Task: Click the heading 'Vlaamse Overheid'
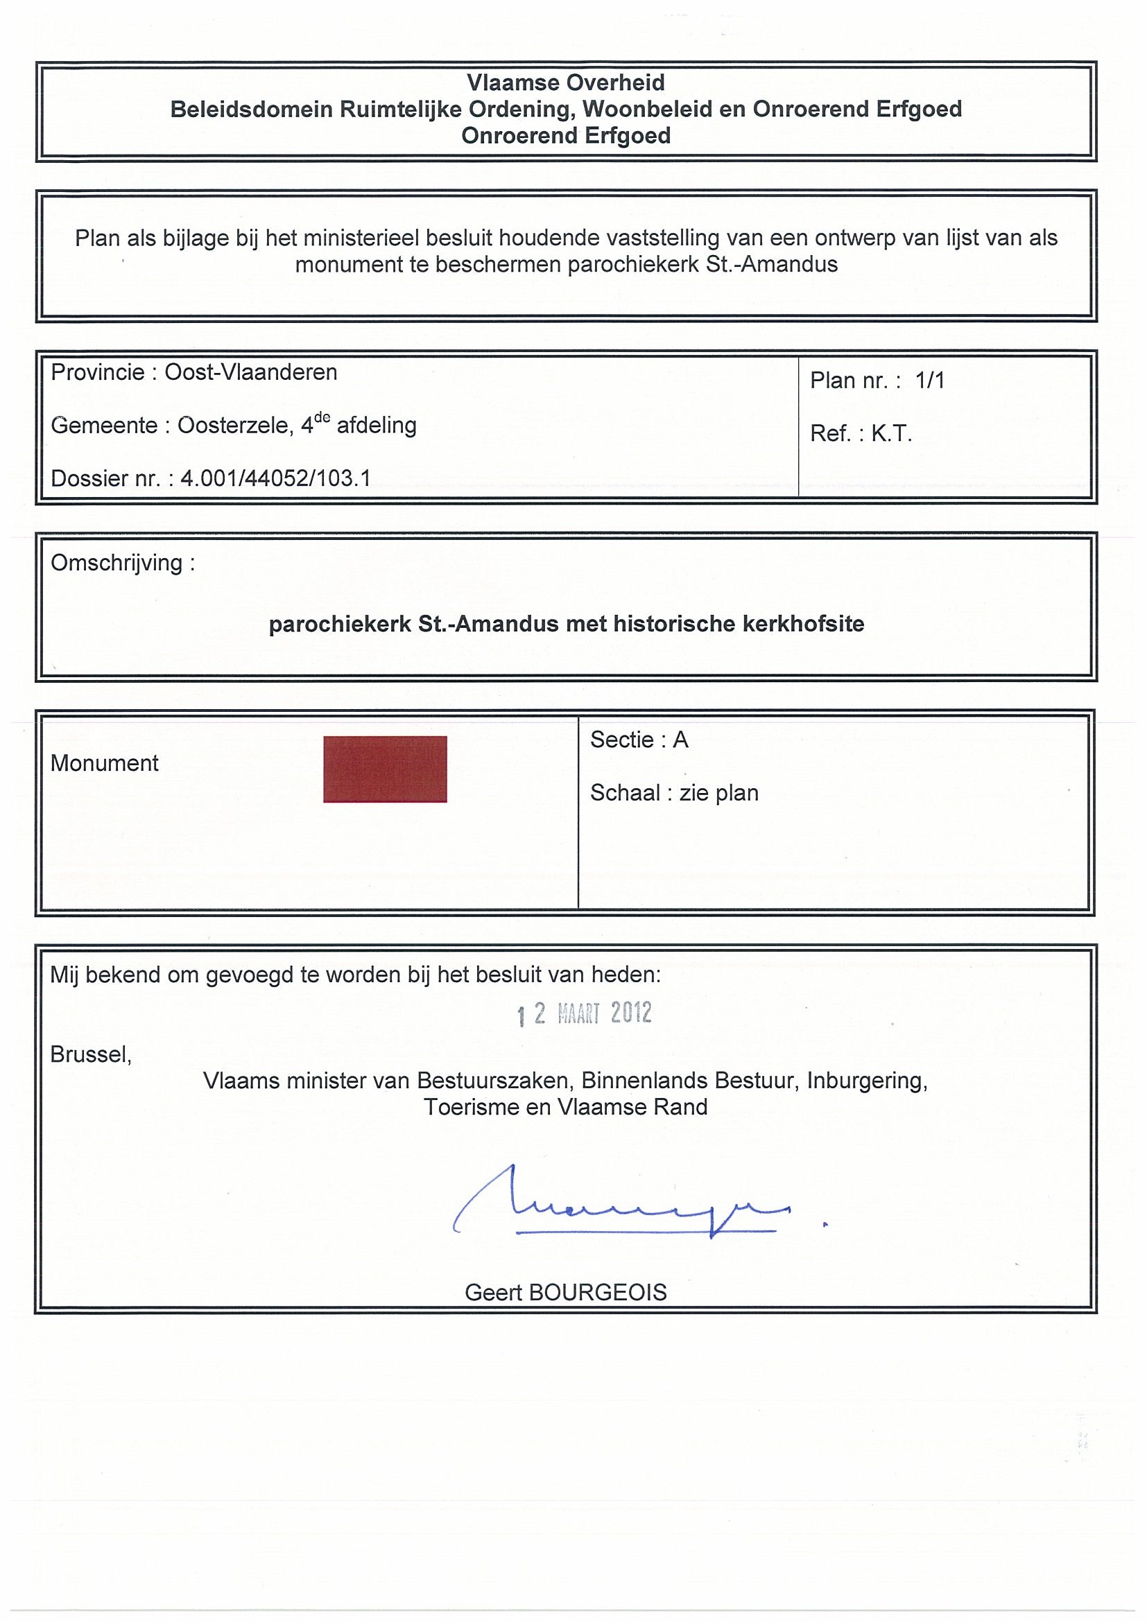[565, 82]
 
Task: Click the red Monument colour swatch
[384, 769]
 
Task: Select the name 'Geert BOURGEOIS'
[565, 1292]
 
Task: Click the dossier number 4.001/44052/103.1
[275, 478]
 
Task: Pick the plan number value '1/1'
[929, 381]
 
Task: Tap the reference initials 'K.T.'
[891, 434]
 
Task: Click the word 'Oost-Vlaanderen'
[251, 372]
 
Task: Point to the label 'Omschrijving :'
[122, 563]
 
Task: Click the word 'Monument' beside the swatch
[105, 763]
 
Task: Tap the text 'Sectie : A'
[639, 740]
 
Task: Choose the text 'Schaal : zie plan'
[674, 793]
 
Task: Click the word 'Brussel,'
[91, 1055]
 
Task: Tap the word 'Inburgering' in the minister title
[865, 1081]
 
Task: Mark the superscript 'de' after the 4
[322, 417]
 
